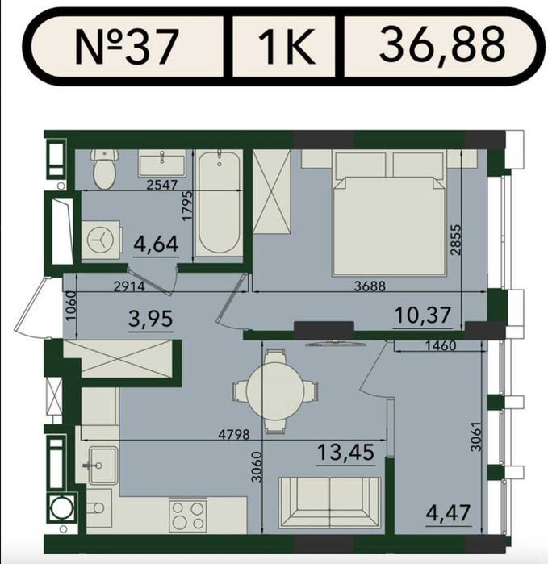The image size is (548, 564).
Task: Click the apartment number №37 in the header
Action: tap(127, 47)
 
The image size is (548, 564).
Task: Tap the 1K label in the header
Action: tap(287, 47)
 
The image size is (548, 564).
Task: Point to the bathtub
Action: tap(220, 203)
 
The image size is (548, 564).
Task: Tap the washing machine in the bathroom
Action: tap(100, 239)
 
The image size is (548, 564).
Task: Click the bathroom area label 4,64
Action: tap(156, 244)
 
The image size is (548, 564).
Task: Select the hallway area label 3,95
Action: tap(150, 319)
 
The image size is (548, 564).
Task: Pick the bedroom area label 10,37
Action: tap(422, 315)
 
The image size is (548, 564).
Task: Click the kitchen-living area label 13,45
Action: tap(345, 452)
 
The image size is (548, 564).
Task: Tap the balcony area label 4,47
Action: tap(448, 512)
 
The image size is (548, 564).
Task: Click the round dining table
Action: tap(275, 391)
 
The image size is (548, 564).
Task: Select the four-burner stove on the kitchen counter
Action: tap(187, 514)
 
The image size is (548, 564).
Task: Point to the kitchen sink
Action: tap(102, 466)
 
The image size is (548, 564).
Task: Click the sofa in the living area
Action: tap(329, 503)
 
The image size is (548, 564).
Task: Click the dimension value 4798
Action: tap(234, 435)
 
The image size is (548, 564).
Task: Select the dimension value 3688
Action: tap(370, 286)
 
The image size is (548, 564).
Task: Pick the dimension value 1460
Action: tap(441, 346)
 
